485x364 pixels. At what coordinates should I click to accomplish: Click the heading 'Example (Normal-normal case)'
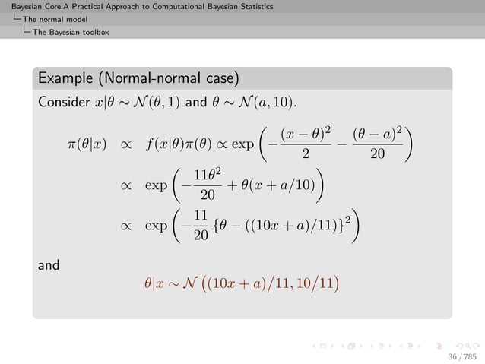139,78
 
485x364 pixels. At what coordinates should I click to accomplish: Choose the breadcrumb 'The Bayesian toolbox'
71,32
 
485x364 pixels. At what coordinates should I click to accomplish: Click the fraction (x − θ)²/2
305,144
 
